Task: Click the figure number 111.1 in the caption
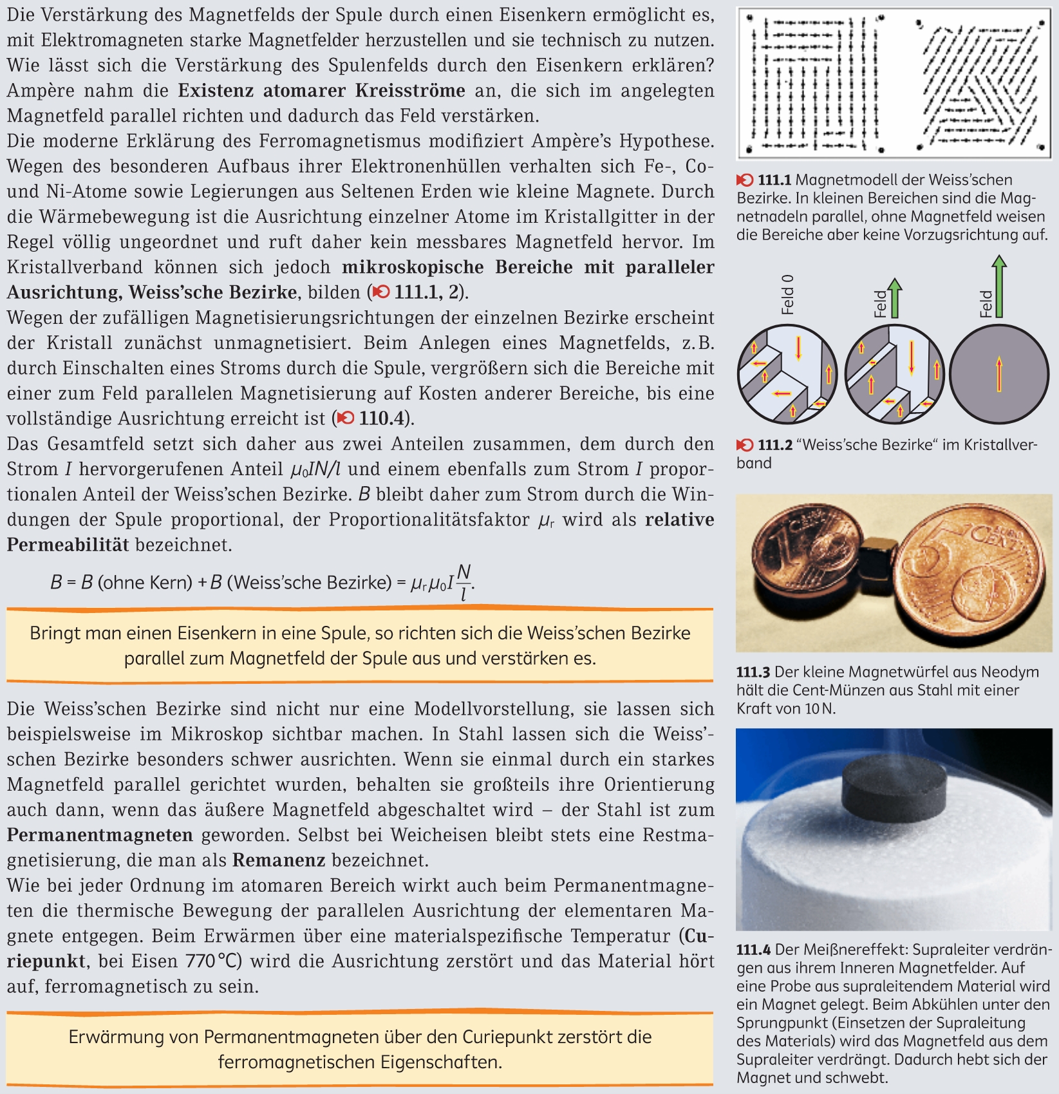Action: coord(774,180)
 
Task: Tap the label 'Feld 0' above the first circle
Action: coord(787,294)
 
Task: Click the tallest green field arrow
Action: coord(998,286)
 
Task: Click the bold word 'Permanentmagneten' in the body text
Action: coord(100,835)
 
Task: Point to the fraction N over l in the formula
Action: coord(464,582)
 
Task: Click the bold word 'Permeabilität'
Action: coord(68,545)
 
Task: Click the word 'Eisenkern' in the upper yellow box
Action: coord(213,633)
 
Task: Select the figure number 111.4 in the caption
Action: coord(753,949)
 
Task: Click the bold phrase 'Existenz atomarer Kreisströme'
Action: coord(321,90)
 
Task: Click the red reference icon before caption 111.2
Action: coord(745,444)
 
